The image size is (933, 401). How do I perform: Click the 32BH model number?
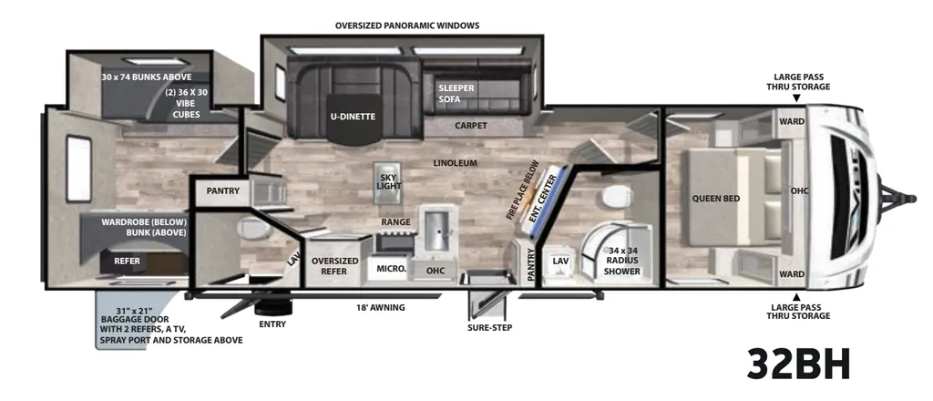(798, 365)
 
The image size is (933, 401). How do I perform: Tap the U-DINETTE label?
(353, 117)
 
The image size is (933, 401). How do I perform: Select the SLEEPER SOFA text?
(456, 93)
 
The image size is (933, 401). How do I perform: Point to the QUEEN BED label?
(716, 198)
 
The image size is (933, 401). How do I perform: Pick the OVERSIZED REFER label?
(335, 266)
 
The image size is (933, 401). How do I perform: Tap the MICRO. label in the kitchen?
(392, 269)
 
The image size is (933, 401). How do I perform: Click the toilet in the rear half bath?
(253, 227)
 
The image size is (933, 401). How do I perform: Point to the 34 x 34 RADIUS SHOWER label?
(621, 261)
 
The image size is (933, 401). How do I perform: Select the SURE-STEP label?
(489, 327)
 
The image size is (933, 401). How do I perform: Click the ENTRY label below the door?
(272, 324)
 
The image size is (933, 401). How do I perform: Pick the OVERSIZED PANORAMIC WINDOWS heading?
(407, 26)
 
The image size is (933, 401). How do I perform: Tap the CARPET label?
(471, 126)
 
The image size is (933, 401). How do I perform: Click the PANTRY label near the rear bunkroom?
(223, 191)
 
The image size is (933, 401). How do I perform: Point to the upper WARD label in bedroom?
(792, 121)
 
